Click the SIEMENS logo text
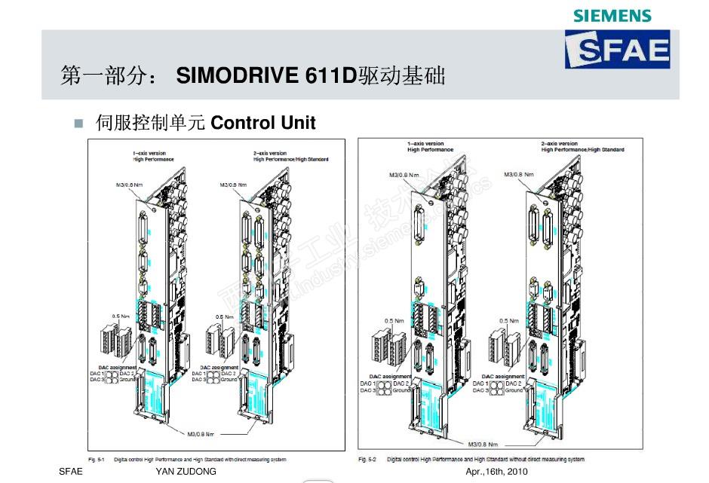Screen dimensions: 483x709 (x=612, y=15)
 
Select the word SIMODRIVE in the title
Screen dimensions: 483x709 (x=238, y=76)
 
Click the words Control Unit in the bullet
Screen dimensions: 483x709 (x=263, y=122)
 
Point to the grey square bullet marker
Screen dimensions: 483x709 (x=77, y=122)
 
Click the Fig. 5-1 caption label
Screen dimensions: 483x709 (x=96, y=458)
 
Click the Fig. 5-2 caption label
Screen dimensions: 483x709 (x=367, y=459)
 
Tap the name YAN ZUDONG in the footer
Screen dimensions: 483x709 (x=186, y=472)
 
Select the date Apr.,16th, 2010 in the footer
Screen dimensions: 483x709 (x=497, y=472)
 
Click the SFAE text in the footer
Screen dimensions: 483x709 (x=70, y=472)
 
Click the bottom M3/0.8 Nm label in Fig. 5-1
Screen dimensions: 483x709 (x=201, y=434)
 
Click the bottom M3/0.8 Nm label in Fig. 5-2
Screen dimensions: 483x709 (x=485, y=443)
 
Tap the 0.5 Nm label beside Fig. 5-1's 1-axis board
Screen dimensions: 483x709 (x=120, y=316)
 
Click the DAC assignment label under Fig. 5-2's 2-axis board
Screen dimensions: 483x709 (x=503, y=375)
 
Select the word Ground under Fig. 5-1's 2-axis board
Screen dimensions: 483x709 (x=229, y=379)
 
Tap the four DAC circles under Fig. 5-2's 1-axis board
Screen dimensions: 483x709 (x=384, y=387)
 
